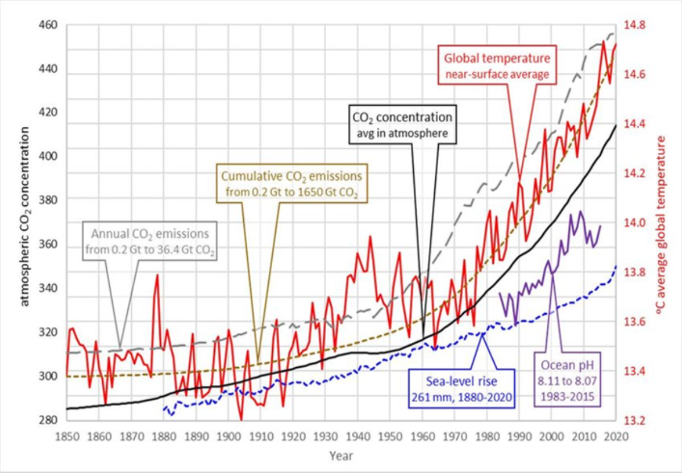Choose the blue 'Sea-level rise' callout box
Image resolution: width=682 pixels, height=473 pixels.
click(x=461, y=388)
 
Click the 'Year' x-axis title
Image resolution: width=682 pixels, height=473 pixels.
click(x=340, y=455)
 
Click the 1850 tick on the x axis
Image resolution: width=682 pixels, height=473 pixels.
click(x=66, y=437)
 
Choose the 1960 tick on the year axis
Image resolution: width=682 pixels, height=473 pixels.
click(x=422, y=437)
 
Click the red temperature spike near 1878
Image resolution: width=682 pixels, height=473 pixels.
click(x=157, y=275)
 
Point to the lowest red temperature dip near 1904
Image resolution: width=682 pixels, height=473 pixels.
click(x=241, y=420)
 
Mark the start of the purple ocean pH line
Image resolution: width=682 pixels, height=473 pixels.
click(x=500, y=293)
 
